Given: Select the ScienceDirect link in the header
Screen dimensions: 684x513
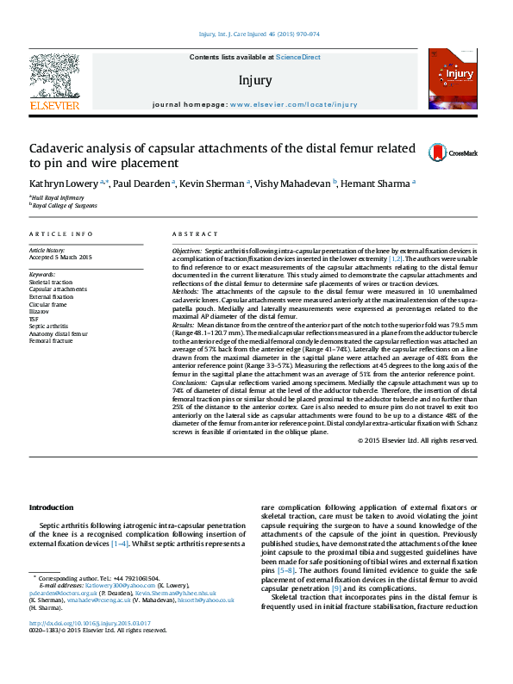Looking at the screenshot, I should point(297,57).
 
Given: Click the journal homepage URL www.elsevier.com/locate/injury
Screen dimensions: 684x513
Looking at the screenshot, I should point(294,104).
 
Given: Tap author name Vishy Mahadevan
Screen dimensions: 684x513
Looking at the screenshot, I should point(294,183).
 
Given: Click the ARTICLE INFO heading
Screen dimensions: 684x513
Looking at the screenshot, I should point(60,234).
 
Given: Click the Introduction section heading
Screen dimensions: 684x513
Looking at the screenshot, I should point(52,507).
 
